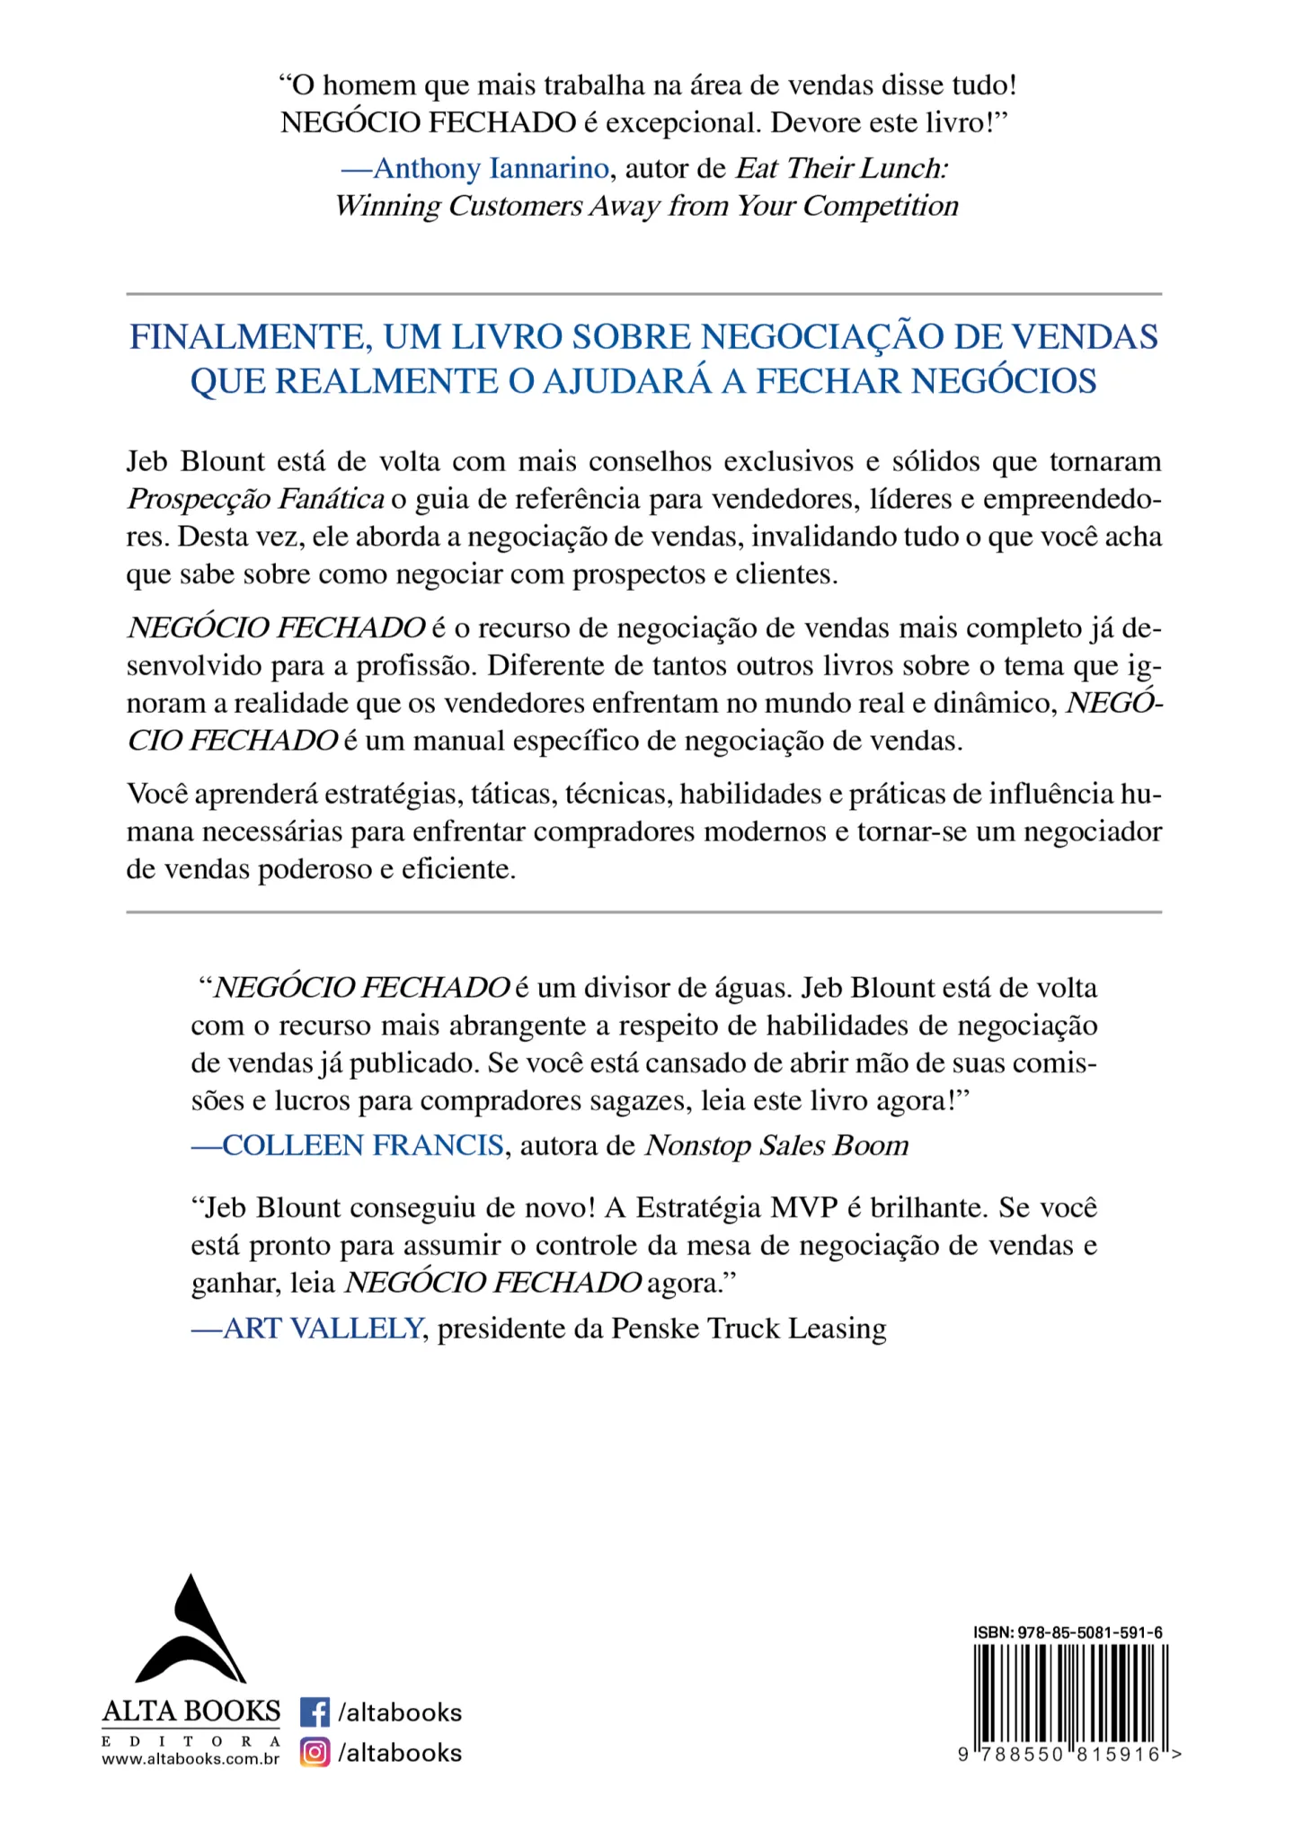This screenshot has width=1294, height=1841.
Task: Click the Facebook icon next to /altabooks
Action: tap(315, 1712)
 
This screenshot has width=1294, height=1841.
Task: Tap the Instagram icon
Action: tap(315, 1752)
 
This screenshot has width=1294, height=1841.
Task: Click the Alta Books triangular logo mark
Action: tap(190, 1632)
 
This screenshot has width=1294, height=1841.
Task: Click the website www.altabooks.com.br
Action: tap(191, 1759)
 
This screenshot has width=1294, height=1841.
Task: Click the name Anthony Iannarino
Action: tap(491, 168)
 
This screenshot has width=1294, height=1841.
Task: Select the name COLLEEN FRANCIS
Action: tap(362, 1145)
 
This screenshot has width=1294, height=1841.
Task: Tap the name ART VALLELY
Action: tap(323, 1328)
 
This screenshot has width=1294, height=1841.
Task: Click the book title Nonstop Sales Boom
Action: tap(777, 1145)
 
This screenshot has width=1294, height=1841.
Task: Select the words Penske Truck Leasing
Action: tap(749, 1328)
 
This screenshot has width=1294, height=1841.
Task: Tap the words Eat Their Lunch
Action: tap(842, 168)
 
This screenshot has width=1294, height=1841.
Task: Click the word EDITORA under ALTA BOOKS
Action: tap(191, 1740)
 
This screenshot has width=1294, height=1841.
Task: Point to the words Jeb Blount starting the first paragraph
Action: tap(195, 461)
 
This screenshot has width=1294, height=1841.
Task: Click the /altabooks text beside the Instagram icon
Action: tap(400, 1752)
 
